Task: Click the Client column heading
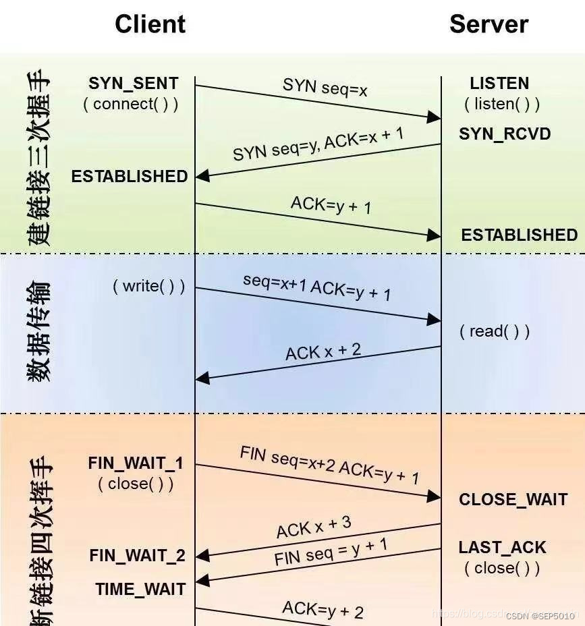pos(150,24)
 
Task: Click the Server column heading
pos(489,24)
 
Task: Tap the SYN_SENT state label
pos(134,84)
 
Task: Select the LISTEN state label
pos(499,84)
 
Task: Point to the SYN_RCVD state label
pos(505,134)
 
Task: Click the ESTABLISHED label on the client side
pos(130,176)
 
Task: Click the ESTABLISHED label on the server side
pos(519,235)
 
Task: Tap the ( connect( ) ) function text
pos(131,104)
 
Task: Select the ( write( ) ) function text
pos(148,286)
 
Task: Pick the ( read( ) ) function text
pos(495,331)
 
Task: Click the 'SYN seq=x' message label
pos(325,86)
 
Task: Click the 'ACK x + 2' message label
pos(323,351)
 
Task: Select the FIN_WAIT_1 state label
pos(136,463)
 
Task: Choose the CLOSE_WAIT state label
pos(513,499)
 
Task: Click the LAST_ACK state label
pos(502,547)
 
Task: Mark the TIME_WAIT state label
pos(140,589)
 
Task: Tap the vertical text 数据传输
pos(39,332)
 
